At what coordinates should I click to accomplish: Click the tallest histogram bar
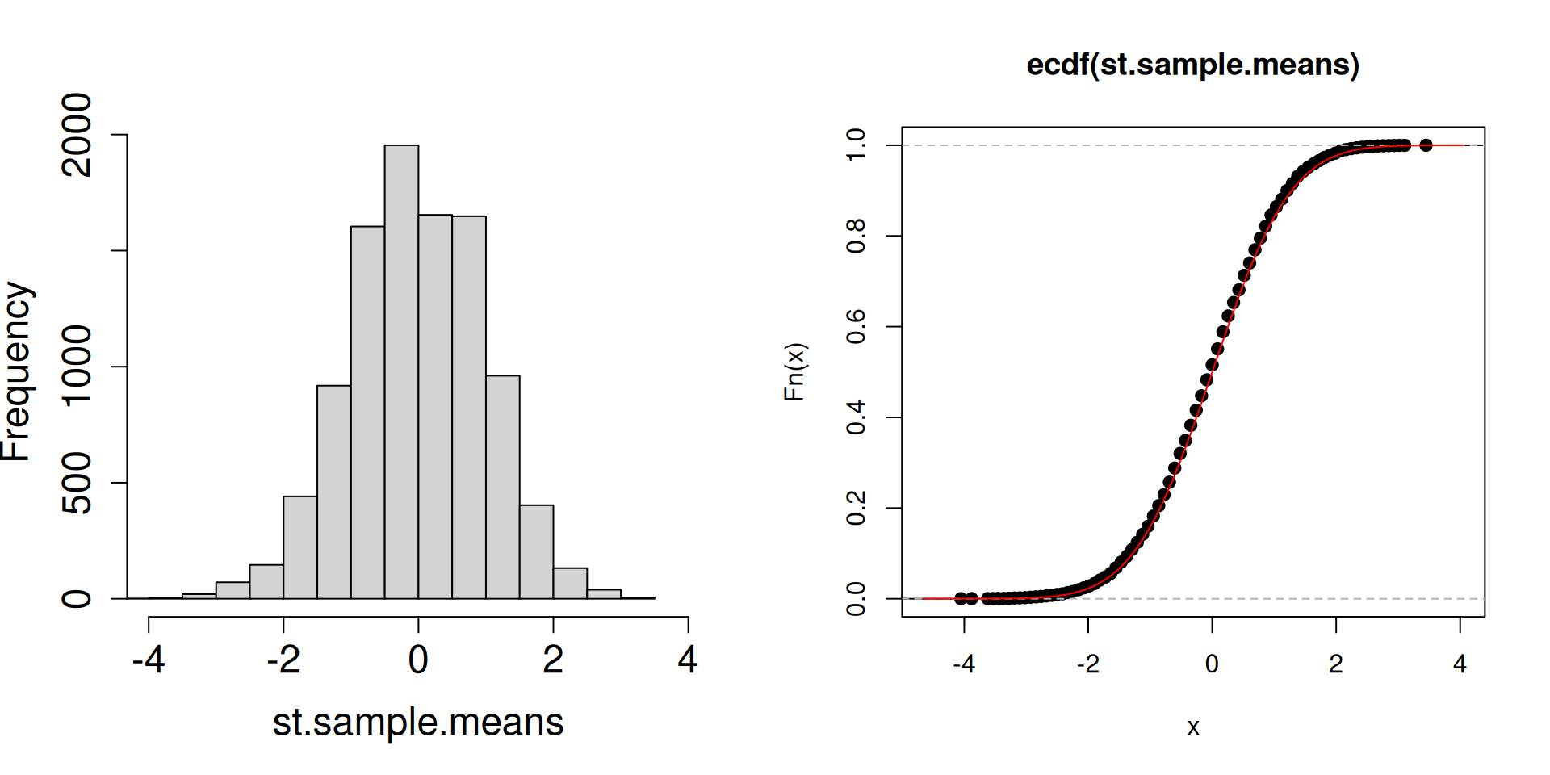401,371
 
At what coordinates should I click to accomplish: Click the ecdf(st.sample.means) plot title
1192,65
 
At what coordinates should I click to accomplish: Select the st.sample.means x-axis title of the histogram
417,722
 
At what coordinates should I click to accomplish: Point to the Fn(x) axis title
795,372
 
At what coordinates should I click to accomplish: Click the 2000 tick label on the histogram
77,135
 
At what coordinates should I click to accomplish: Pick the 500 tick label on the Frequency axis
77,483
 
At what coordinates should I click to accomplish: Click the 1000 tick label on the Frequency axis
77,367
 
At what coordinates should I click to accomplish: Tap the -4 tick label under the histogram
149,660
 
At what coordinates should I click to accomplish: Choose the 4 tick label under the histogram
688,660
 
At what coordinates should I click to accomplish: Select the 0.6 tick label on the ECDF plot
856,326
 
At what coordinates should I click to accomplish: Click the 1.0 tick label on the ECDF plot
856,145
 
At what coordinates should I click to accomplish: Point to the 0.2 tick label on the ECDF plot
856,508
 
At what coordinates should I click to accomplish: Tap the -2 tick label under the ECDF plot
1087,664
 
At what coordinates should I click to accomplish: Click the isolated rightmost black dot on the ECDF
1426,145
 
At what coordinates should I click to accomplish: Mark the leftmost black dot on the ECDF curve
961,598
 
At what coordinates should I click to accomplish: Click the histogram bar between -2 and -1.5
300,547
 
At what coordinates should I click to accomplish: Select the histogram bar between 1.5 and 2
536,552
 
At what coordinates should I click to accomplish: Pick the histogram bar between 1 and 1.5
503,487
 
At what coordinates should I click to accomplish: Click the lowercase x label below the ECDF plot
1193,727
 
